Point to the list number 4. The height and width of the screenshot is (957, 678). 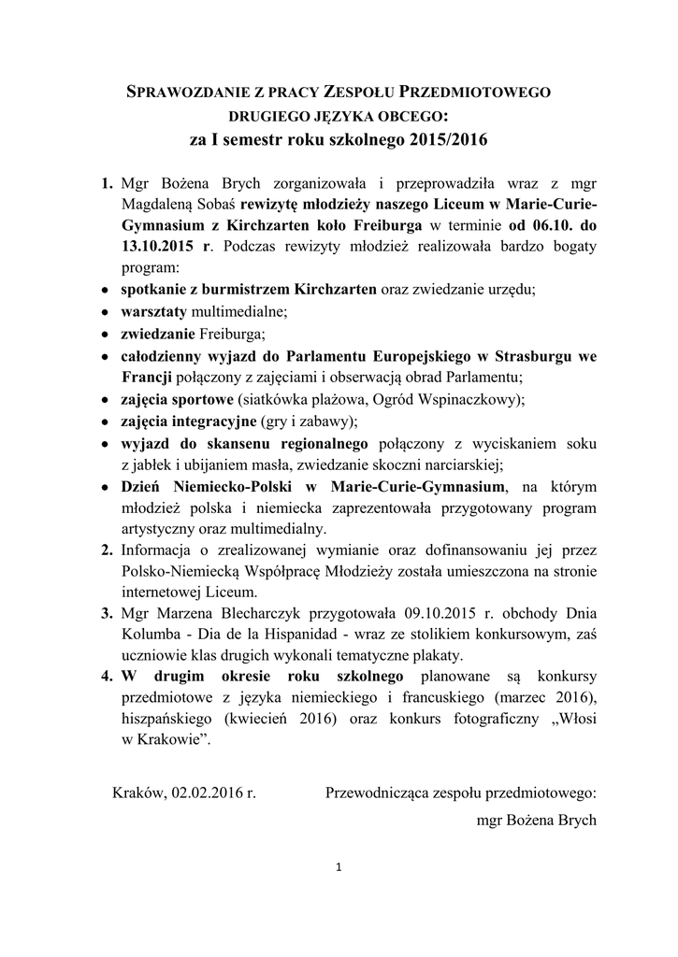[x=107, y=675]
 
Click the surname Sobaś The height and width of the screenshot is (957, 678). [x=215, y=204]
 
